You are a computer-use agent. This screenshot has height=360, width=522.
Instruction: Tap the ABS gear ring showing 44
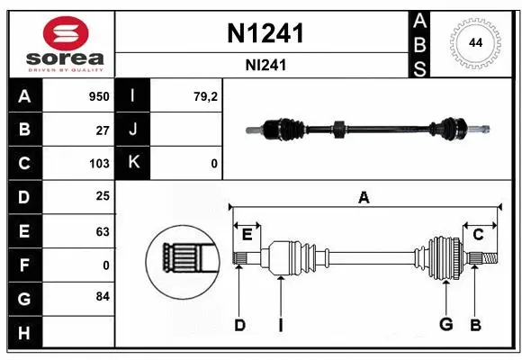[474, 42]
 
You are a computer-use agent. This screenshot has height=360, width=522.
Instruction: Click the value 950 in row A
[98, 96]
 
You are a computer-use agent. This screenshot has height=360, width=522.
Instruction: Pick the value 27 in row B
[103, 130]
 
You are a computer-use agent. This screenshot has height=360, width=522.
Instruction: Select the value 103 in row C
[99, 164]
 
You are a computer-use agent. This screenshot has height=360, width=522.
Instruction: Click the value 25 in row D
[103, 197]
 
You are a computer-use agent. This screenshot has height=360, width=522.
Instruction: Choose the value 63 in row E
[103, 231]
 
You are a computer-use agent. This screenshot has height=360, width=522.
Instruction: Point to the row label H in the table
[23, 332]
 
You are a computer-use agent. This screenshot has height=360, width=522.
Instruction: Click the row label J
[132, 130]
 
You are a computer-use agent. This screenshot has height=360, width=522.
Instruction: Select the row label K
[132, 164]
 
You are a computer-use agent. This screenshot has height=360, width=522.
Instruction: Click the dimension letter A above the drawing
[364, 197]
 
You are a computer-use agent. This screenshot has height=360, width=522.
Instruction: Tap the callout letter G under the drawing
[445, 325]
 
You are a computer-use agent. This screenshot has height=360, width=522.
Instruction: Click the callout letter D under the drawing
[239, 325]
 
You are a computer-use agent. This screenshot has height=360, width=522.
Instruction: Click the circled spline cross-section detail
[182, 261]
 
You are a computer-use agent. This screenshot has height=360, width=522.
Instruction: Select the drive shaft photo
[368, 130]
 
